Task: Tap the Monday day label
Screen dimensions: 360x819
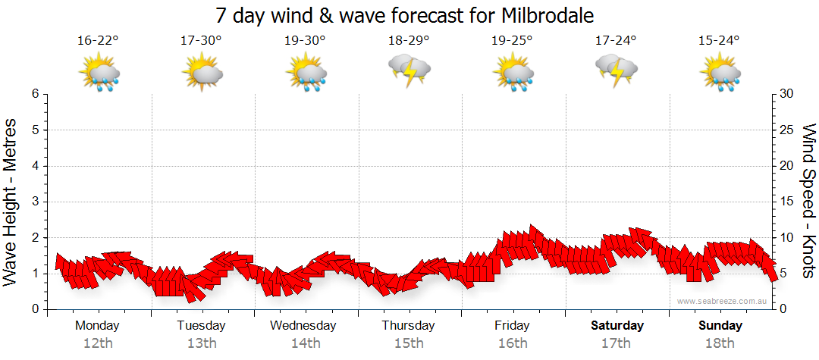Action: point(97,326)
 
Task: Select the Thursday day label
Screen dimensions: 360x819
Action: point(408,326)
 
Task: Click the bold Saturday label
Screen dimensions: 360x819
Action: point(617,326)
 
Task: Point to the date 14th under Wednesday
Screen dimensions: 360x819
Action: point(305,343)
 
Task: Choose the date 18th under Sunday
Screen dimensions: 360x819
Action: point(720,343)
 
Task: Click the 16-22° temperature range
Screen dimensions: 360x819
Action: point(98,41)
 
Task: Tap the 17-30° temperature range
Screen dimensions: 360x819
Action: point(201,41)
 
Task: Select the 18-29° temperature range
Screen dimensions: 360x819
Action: point(408,41)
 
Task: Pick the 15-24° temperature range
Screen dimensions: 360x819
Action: point(719,41)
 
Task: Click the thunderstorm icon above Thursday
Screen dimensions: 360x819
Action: point(409,70)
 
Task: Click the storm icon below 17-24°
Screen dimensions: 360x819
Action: point(617,70)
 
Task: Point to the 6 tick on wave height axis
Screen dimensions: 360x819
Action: point(35,94)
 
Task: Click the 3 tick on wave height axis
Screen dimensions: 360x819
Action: point(35,202)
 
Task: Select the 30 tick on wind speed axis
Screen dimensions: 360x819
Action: point(788,94)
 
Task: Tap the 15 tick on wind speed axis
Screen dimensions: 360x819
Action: point(787,202)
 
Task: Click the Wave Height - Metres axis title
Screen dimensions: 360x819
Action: point(12,202)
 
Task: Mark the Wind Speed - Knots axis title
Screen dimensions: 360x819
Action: point(808,202)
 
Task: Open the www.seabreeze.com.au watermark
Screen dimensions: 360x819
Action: point(723,301)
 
